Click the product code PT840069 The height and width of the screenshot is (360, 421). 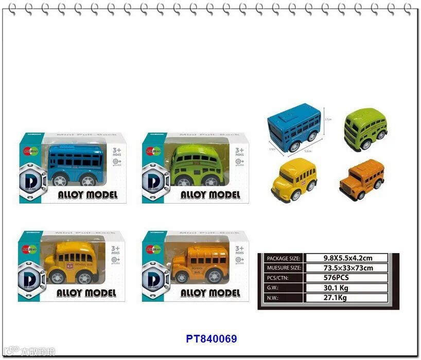coord(212,339)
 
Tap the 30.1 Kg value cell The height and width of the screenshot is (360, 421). coord(346,287)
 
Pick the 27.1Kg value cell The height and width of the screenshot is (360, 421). coord(346,298)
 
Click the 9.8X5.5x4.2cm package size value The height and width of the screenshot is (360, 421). coord(346,258)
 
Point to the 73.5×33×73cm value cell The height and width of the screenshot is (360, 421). coord(346,268)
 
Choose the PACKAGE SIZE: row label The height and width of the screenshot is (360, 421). coord(283,258)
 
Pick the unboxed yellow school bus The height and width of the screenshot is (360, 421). coord(293,180)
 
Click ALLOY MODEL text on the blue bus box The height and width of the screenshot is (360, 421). coord(87,195)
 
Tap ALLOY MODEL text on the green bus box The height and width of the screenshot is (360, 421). coord(210,195)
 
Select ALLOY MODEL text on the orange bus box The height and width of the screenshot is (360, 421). coord(210,293)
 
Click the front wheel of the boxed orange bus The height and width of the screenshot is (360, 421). coord(182,278)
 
